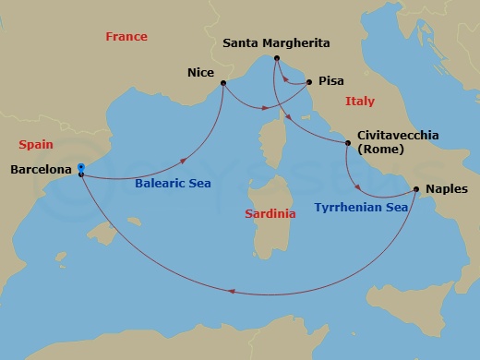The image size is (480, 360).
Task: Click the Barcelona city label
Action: click(41, 170)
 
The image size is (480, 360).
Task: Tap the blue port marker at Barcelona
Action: click(82, 168)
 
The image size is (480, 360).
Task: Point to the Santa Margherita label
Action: click(276, 43)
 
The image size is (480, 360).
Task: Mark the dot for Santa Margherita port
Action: click(276, 59)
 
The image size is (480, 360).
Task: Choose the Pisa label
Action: click(330, 81)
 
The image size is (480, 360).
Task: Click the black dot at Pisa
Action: click(308, 82)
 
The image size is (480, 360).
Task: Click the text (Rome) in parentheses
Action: click(378, 150)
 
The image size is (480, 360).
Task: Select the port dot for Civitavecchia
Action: click(348, 143)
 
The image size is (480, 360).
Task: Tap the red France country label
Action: click(126, 37)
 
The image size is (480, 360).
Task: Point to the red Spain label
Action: click(36, 145)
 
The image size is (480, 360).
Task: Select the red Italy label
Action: click(359, 101)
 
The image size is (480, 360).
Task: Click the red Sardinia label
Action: click(270, 213)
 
